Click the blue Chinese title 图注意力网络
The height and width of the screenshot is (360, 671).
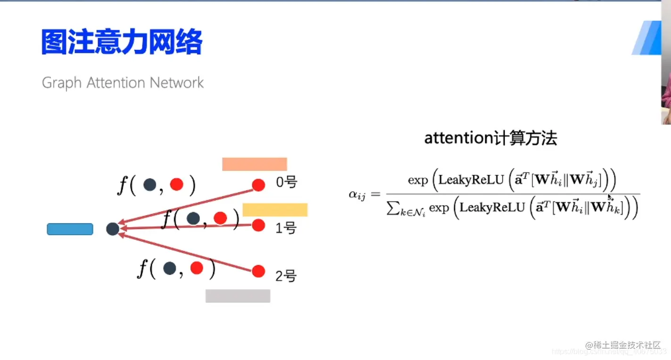pos(122,42)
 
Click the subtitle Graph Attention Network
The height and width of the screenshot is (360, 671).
pos(123,83)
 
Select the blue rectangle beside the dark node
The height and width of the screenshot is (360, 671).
pos(70,229)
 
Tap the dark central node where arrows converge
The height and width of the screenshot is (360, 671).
pos(113,229)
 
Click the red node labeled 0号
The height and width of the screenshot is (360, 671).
pos(258,185)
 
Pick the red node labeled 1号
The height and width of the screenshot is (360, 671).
pos(258,225)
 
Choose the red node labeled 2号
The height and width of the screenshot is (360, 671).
pos(258,271)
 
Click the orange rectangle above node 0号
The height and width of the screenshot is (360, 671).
pos(255,164)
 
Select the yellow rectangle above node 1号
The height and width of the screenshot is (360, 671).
pos(275,210)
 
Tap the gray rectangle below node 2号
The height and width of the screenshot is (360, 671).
pos(238,296)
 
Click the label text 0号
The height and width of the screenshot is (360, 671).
pos(286,183)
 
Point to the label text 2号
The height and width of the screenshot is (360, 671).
pos(286,276)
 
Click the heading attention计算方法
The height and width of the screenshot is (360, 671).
pos(490,138)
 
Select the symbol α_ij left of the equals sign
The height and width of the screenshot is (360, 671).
pos(357,194)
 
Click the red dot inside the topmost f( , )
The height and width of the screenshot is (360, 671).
pos(176,185)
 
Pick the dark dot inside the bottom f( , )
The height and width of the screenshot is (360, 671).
pos(170,268)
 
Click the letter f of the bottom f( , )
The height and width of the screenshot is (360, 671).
pos(143,269)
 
